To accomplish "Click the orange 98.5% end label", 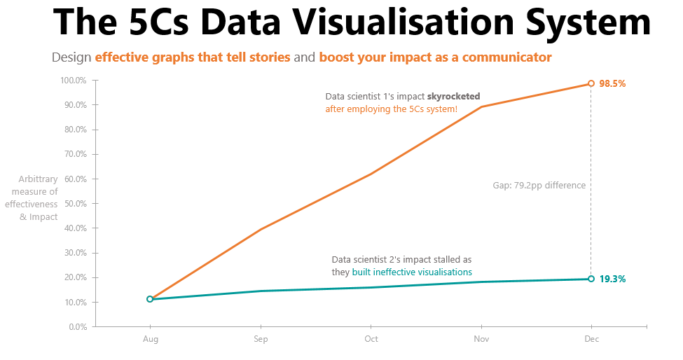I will click(612, 83).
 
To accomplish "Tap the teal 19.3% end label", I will click(612, 279).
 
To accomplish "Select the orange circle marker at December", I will click(591, 83).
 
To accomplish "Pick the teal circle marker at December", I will click(591, 279).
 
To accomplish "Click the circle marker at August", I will click(150, 299).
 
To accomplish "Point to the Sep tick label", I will click(261, 339).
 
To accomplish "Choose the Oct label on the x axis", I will click(371, 339).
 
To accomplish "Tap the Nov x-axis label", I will click(481, 339).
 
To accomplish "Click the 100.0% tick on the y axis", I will click(73, 81).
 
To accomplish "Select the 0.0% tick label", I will click(78, 327).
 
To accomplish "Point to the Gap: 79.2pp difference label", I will click(539, 186).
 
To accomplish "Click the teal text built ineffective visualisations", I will click(412, 272).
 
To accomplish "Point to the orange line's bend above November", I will click(481, 106).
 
